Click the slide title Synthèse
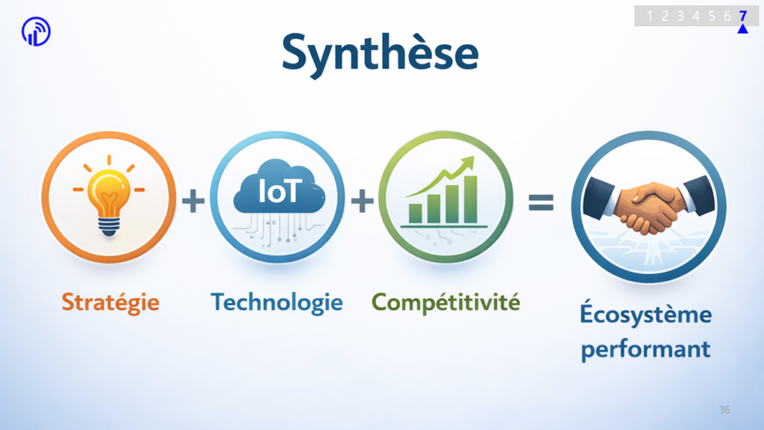(380, 54)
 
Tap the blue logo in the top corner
(36, 31)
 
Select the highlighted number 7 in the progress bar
(742, 16)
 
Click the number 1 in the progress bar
(649, 16)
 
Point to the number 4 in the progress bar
(696, 16)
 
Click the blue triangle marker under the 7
(742, 29)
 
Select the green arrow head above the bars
(468, 162)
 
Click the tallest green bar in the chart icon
(470, 199)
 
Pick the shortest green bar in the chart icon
(415, 214)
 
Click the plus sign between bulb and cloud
(193, 200)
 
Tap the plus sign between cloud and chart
(362, 200)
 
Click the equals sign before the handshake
(541, 202)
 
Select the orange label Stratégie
(110, 302)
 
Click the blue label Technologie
(277, 302)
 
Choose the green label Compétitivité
(446, 302)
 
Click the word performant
(645, 349)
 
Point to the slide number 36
(724, 410)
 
